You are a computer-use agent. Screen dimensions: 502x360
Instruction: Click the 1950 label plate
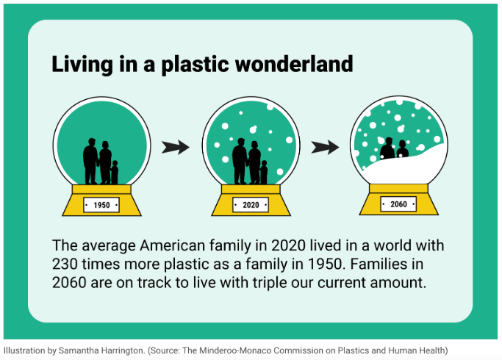101,205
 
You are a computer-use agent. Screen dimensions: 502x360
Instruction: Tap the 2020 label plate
251,205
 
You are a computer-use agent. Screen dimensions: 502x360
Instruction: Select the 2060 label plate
398,204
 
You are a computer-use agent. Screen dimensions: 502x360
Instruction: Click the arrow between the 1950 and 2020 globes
176,147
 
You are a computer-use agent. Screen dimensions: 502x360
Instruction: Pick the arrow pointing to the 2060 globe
325,147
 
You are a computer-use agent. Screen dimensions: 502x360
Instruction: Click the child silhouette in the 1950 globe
115,173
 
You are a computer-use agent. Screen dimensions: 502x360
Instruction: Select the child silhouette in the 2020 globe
263,173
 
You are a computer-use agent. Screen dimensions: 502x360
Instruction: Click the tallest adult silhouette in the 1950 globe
90,162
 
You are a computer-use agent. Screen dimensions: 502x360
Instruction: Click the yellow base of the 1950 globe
101,201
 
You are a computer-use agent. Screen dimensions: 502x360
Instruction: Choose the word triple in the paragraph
271,284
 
